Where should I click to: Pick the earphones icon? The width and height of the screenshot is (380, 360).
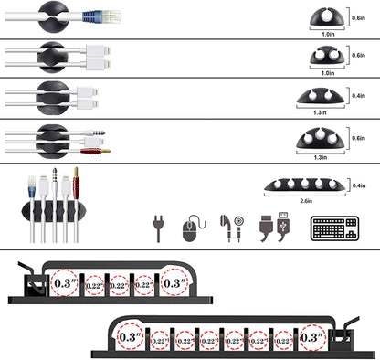(229, 227)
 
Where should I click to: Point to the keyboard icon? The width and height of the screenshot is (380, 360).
(334, 228)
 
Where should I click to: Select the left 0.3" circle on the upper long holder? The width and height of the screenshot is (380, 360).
(65, 282)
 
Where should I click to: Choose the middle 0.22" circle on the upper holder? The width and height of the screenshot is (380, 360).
(119, 285)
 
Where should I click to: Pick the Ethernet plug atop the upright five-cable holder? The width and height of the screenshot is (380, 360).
(33, 183)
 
